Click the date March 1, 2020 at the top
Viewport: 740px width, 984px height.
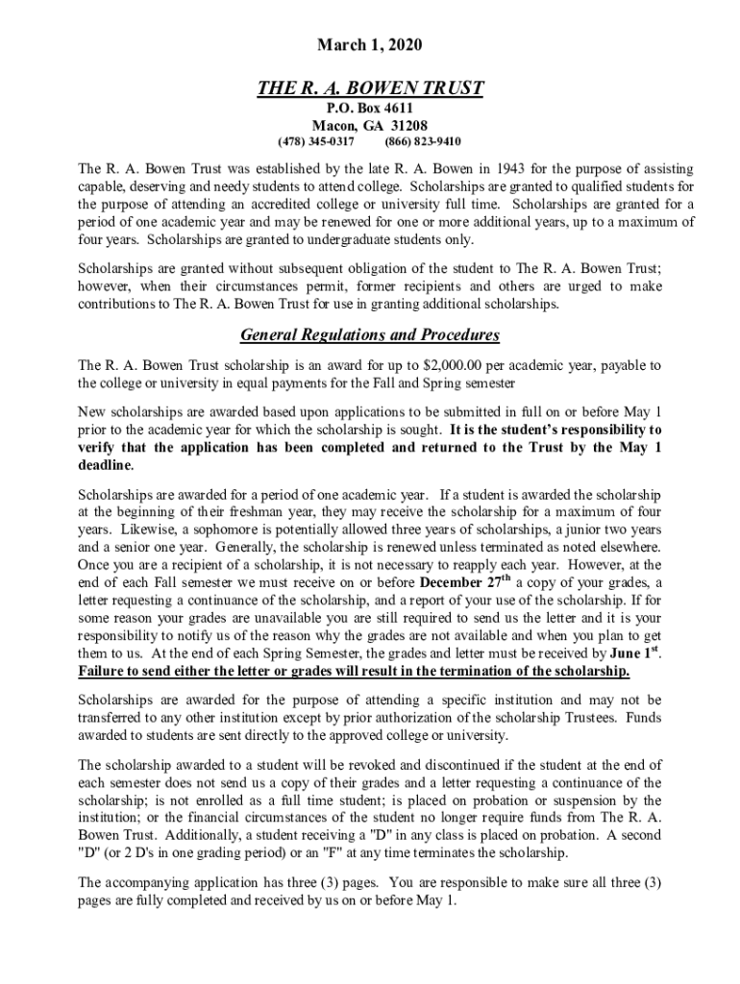[370, 45]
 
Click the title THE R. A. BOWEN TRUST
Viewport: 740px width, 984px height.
[370, 89]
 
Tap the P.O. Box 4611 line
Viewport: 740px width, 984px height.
[370, 109]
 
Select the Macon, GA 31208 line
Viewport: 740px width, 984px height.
[370, 126]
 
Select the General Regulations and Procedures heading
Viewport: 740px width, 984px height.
[370, 335]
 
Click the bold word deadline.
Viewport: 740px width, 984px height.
[106, 464]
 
